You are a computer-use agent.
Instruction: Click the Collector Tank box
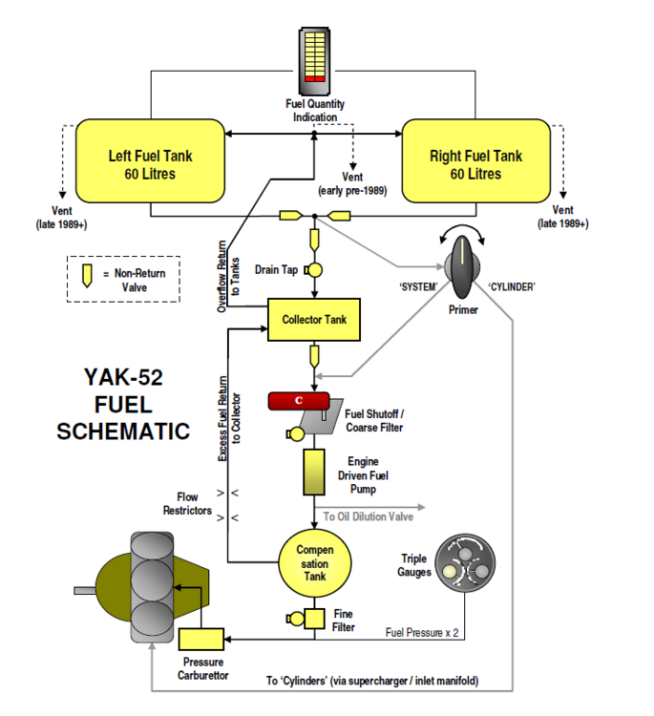(314, 320)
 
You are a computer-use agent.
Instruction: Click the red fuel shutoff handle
(299, 399)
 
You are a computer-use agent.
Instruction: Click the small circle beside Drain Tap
(314, 270)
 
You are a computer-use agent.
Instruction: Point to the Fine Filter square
(316, 620)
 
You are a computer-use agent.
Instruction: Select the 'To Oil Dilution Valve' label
(368, 516)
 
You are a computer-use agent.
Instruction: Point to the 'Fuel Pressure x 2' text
(421, 631)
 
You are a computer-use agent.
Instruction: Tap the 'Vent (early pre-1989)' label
(353, 183)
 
